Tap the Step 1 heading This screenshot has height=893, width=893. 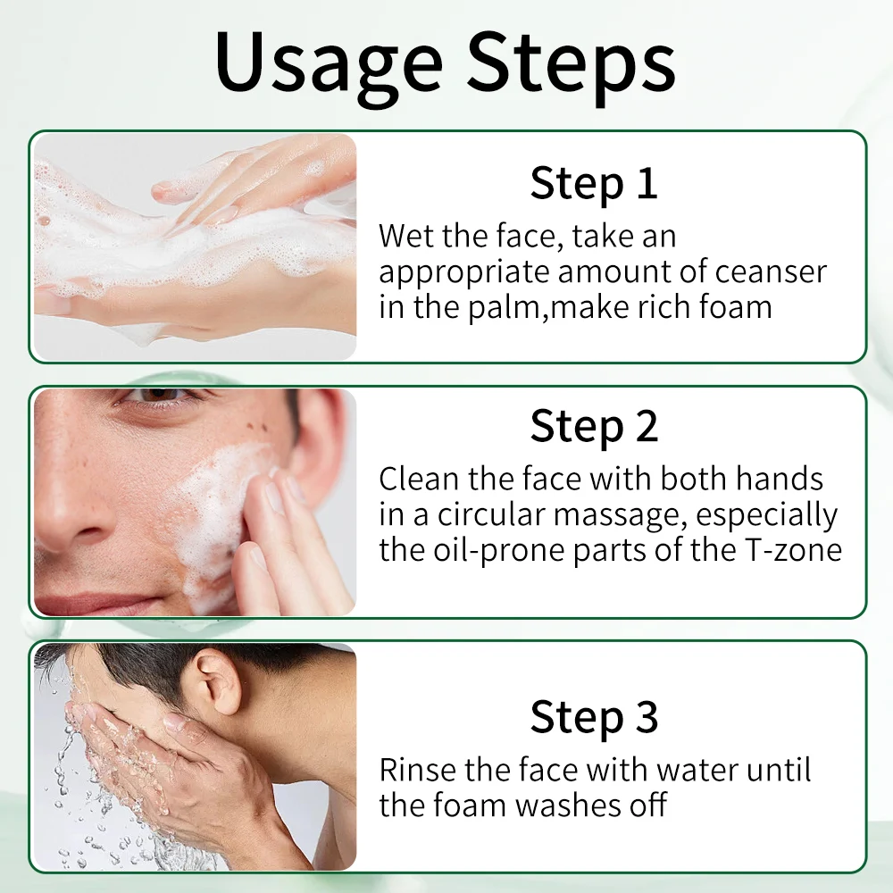594,183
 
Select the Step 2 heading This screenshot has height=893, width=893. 594,426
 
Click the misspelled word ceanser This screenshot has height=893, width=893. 771,272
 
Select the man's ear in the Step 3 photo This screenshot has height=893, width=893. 218,680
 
